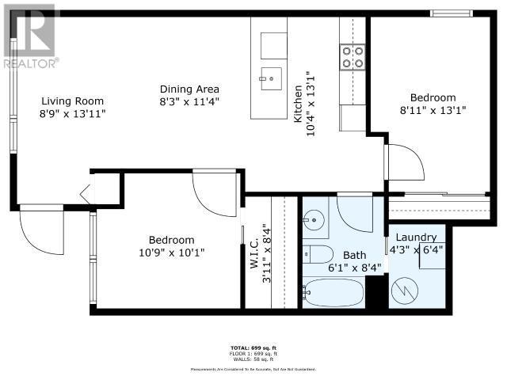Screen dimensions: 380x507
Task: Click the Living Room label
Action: click(73, 101)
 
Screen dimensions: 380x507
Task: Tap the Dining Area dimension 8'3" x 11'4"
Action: click(189, 101)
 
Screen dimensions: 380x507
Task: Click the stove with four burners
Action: click(353, 57)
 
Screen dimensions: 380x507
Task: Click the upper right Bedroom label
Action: click(428, 97)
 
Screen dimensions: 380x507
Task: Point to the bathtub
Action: click(332, 294)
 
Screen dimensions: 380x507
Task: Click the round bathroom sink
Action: click(314, 218)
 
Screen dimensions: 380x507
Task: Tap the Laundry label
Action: click(416, 237)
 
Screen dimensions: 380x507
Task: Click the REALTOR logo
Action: click(29, 36)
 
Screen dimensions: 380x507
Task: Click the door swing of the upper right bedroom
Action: click(405, 163)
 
